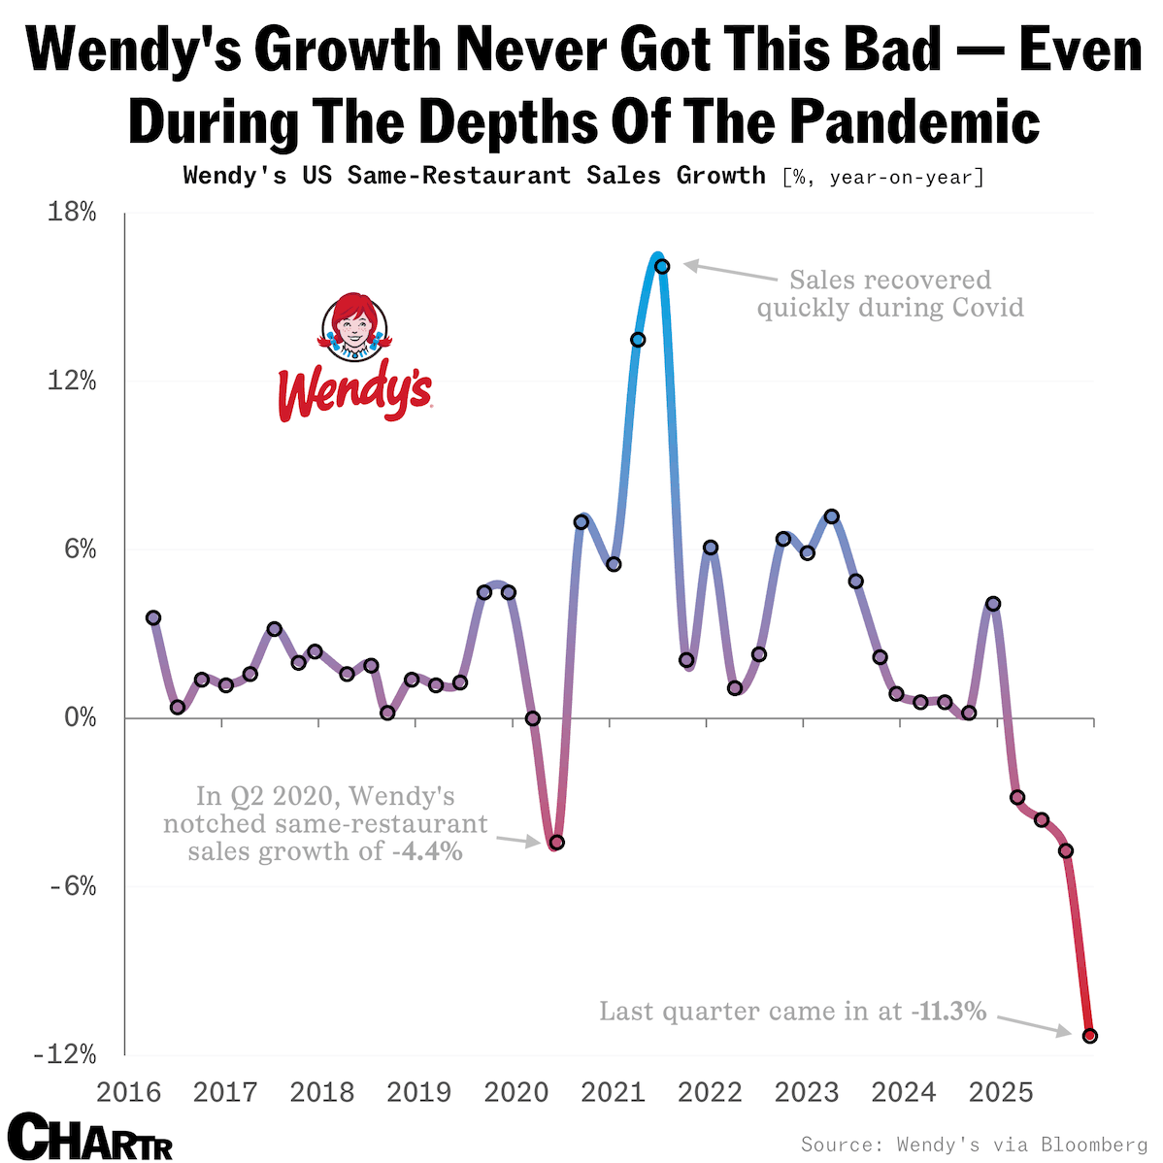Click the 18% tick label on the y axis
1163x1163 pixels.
(x=73, y=213)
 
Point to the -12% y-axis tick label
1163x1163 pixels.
(x=65, y=1055)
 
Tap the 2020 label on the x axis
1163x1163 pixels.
(x=516, y=1092)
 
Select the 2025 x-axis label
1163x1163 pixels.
(x=1001, y=1092)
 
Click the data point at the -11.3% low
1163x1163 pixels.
(x=1089, y=1036)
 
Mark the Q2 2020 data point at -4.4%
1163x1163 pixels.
(x=556, y=842)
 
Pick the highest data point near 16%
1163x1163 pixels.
(x=662, y=266)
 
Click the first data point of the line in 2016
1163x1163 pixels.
(x=153, y=617)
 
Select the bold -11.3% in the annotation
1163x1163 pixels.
(x=948, y=1012)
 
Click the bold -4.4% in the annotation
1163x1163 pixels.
(x=427, y=852)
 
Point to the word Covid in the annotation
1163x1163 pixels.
(x=986, y=308)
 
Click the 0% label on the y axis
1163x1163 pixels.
(x=81, y=718)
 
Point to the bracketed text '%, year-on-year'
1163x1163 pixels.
(x=882, y=177)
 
